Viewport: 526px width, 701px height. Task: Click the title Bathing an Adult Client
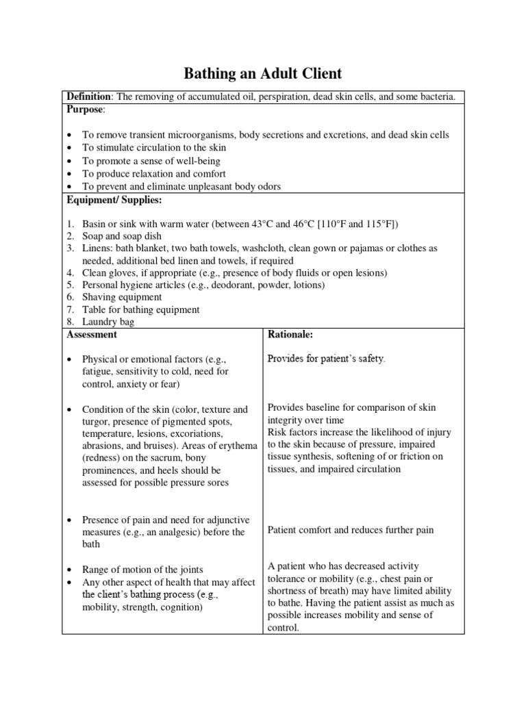pos(262,73)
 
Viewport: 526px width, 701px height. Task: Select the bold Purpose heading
pos(84,110)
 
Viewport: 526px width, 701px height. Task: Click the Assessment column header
pos(91,334)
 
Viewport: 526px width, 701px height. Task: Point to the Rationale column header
pos(290,334)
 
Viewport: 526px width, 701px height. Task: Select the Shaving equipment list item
pos(122,297)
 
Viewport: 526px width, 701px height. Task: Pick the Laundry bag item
pos(108,322)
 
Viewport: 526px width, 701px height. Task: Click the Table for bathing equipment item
pos(140,309)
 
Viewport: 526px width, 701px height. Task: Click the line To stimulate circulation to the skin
pos(153,147)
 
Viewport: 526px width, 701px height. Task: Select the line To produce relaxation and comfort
pos(153,174)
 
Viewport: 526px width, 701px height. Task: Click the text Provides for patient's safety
pos(326,358)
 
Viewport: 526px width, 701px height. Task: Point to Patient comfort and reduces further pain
pos(350,530)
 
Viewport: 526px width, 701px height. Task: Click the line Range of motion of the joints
pos(142,569)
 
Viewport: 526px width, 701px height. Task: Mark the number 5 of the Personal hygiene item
pos(70,285)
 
